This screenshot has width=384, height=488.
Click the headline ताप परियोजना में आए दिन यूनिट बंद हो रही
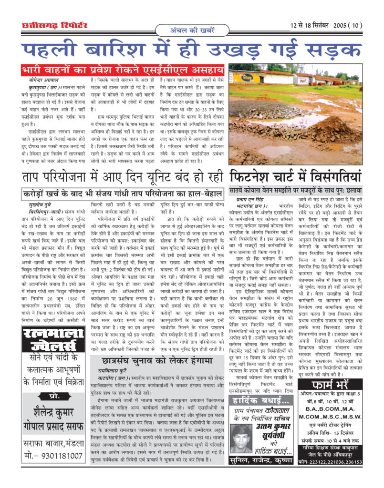click(123, 177)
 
